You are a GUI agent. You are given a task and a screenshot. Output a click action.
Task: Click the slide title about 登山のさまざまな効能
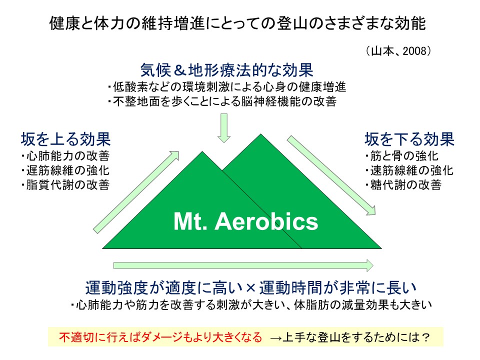pyautogui.click(x=237, y=23)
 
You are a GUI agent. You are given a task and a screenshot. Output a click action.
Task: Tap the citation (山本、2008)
pyautogui.click(x=398, y=51)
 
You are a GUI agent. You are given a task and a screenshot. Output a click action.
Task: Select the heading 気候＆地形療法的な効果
pyautogui.click(x=227, y=70)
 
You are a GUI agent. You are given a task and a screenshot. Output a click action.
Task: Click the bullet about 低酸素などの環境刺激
pyautogui.click(x=227, y=87)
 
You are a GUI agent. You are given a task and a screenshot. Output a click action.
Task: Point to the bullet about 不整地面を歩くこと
pyautogui.click(x=222, y=101)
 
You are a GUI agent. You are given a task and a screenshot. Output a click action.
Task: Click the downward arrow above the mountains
pyautogui.click(x=224, y=128)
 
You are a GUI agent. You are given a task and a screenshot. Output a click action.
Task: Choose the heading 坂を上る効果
pyautogui.click(x=66, y=139)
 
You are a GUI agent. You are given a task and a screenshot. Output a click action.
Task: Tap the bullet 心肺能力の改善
pyautogui.click(x=65, y=156)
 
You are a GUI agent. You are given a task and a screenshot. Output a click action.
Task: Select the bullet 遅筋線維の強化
pyautogui.click(x=65, y=170)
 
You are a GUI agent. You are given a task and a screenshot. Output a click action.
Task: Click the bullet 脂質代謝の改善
pyautogui.click(x=65, y=184)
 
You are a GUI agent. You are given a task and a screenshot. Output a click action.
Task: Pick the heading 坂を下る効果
pyautogui.click(x=409, y=139)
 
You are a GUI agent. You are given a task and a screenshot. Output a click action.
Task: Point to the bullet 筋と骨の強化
pyautogui.click(x=402, y=156)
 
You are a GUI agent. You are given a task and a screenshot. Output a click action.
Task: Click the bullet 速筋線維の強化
pyautogui.click(x=409, y=170)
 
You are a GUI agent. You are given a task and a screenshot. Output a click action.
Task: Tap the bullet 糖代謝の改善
pyautogui.click(x=403, y=184)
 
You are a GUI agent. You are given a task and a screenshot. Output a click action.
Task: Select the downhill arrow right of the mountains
pyautogui.click(x=331, y=175)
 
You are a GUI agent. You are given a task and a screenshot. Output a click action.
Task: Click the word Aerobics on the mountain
pyautogui.click(x=266, y=221)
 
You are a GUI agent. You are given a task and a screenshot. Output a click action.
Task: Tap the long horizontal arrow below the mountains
pyautogui.click(x=243, y=265)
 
